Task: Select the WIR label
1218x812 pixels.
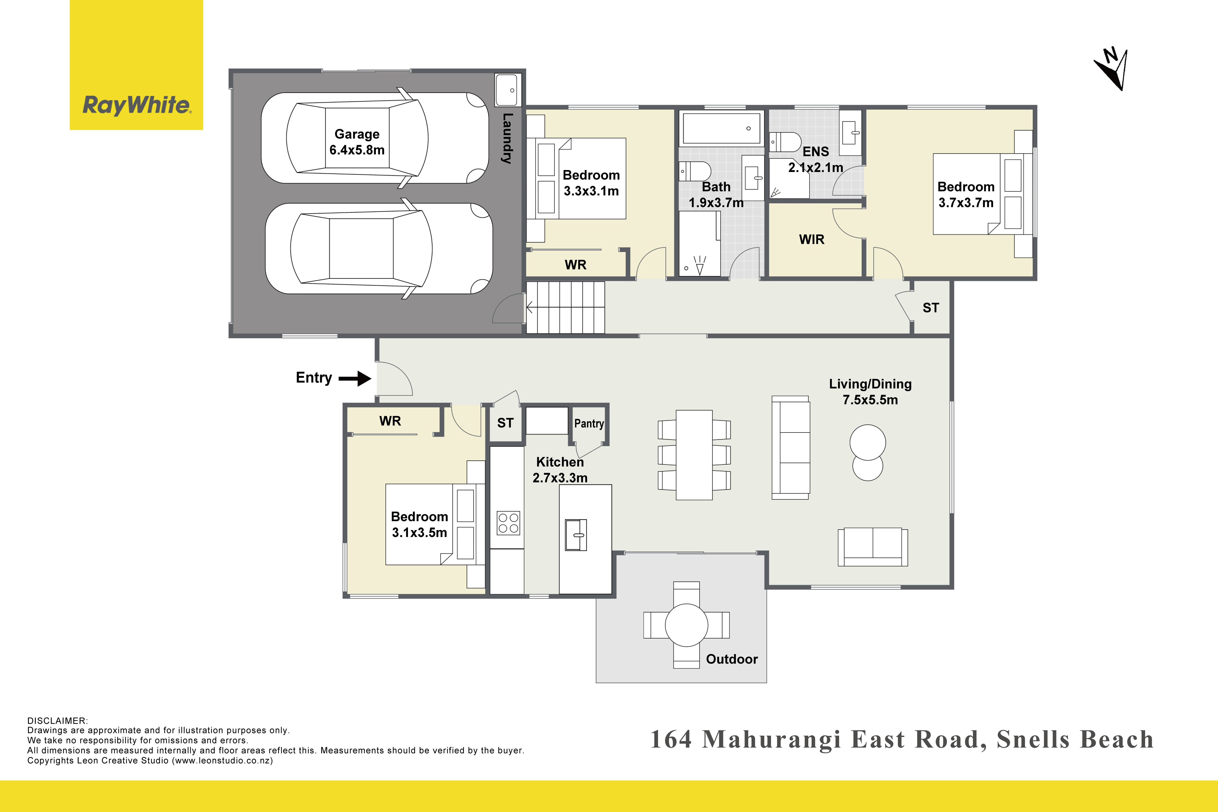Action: point(812,239)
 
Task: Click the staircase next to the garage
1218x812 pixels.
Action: point(565,308)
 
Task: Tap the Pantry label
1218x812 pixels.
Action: point(589,424)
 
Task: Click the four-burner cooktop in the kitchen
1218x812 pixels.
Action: point(508,523)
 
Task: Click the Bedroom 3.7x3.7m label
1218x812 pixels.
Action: point(966,195)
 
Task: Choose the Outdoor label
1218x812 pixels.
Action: point(732,659)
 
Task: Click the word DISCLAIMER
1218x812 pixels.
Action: point(57,721)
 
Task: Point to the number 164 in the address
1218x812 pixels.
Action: point(671,740)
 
